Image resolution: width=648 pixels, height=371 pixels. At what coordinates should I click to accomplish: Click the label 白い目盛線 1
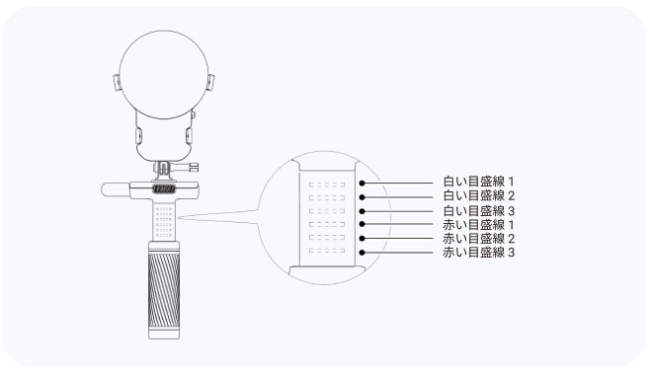click(x=478, y=182)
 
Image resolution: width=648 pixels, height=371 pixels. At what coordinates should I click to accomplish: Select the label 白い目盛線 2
click(x=478, y=195)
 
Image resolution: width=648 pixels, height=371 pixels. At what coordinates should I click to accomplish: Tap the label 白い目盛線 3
click(x=478, y=211)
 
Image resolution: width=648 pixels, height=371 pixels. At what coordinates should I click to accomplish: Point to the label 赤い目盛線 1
click(x=478, y=225)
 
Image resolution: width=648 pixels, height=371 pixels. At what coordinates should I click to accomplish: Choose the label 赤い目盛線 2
click(x=478, y=238)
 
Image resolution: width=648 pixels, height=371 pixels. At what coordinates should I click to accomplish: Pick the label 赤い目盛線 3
click(x=478, y=253)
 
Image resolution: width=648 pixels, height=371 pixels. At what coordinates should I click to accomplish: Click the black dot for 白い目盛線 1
click(x=362, y=183)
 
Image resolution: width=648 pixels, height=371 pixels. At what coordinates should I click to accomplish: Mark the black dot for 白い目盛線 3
click(x=362, y=211)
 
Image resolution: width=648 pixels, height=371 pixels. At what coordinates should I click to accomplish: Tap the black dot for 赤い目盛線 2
click(x=362, y=238)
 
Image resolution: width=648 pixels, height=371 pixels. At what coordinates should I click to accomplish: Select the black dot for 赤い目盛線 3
click(x=362, y=253)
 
